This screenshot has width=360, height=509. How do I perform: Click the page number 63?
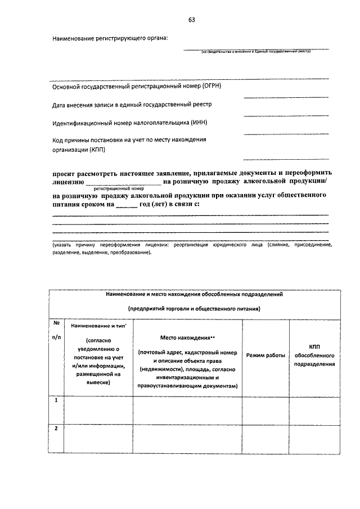[191, 21]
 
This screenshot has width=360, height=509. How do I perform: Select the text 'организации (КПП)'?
[78, 150]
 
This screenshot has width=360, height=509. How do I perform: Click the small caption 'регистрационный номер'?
[119, 189]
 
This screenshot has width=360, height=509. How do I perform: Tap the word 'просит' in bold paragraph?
[64, 173]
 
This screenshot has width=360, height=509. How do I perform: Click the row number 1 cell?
[56, 400]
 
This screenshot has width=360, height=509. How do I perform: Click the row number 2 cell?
[56, 429]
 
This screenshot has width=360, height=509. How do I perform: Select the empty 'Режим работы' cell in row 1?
[265, 409]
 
